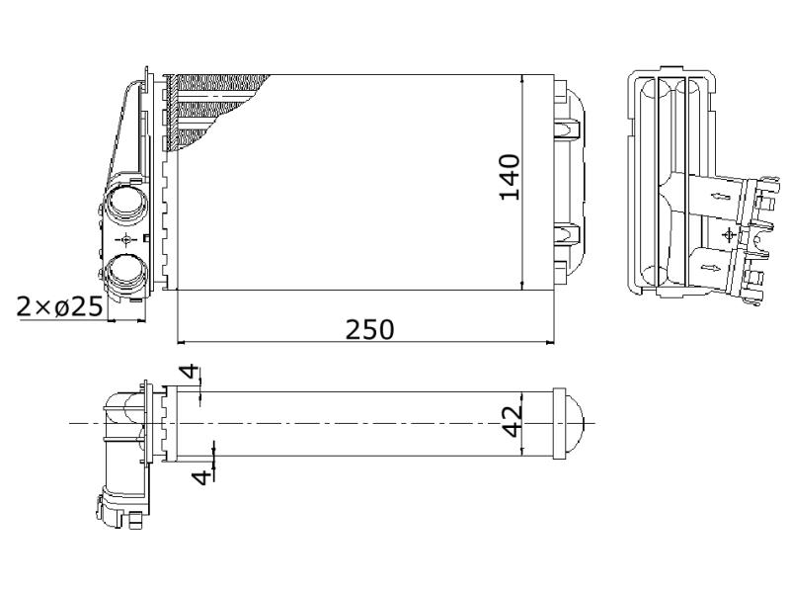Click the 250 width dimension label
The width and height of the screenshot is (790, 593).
(x=369, y=329)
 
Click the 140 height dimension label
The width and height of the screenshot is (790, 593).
(x=510, y=178)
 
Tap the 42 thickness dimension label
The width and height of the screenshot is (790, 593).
(x=513, y=422)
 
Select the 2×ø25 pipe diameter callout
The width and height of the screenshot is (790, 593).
(x=60, y=306)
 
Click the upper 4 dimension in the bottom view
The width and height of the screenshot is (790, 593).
(x=190, y=372)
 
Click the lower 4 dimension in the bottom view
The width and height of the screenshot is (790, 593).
(x=202, y=477)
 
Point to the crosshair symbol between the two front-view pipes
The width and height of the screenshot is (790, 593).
(x=125, y=238)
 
